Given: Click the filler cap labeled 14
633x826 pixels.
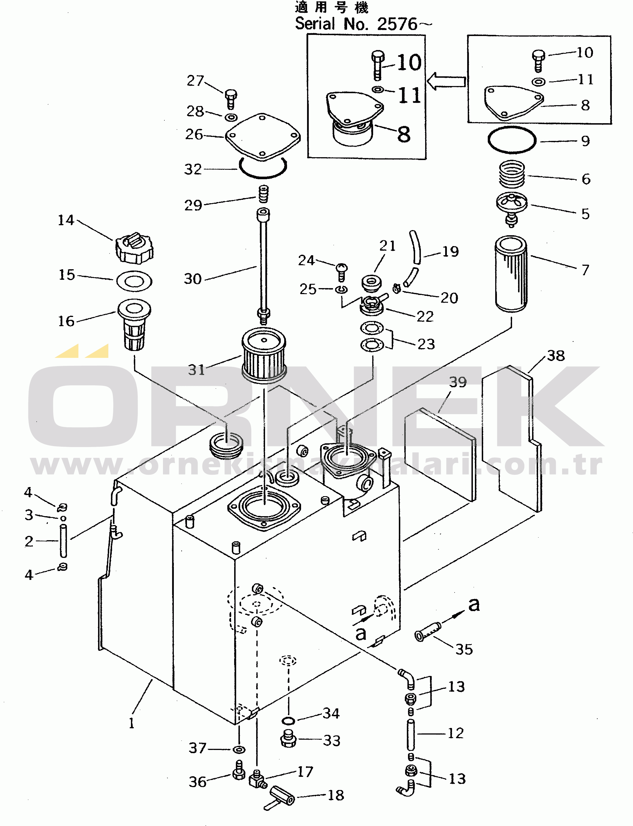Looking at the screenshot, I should tap(134, 249).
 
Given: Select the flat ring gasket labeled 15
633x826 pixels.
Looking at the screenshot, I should tap(134, 281).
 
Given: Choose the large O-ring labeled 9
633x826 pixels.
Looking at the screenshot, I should tap(512, 140).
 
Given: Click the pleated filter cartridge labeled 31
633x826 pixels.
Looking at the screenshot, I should tap(264, 355).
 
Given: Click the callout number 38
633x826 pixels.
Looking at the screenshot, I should tap(556, 356).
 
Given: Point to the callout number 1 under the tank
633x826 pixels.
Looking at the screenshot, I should tap(132, 723).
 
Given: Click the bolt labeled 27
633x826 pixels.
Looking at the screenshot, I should tap(231, 98).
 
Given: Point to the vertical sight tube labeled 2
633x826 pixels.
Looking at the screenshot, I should tap(63, 541).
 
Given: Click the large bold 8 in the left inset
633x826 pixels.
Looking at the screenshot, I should tap(403, 134).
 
